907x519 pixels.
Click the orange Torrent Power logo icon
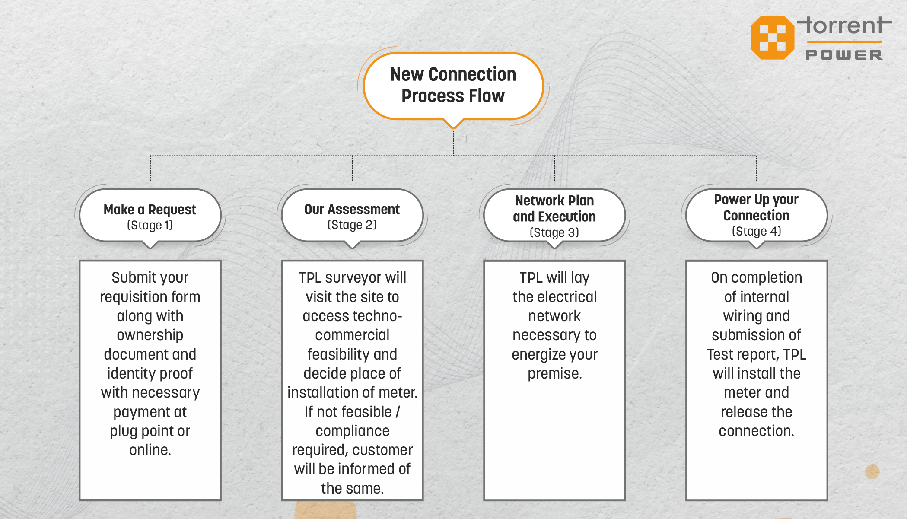click(x=773, y=38)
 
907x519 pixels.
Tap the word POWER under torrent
click(x=844, y=55)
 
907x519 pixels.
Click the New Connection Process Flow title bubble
click(x=453, y=86)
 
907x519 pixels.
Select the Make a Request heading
click(x=150, y=210)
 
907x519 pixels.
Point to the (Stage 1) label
click(x=150, y=225)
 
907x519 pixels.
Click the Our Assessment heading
click(x=352, y=209)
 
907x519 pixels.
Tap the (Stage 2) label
click(x=352, y=225)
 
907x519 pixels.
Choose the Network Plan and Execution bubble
click(x=554, y=216)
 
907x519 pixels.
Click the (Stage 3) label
click(x=554, y=232)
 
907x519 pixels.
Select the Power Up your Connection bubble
click(x=757, y=216)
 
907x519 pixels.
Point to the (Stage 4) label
click(x=757, y=231)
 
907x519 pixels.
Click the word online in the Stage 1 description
click(x=150, y=450)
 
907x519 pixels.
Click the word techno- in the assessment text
click(x=374, y=316)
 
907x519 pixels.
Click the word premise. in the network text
click(x=555, y=373)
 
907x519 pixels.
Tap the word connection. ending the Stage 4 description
click(x=757, y=431)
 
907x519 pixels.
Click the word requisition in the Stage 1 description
click(x=134, y=297)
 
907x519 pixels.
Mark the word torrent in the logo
click(x=845, y=25)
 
